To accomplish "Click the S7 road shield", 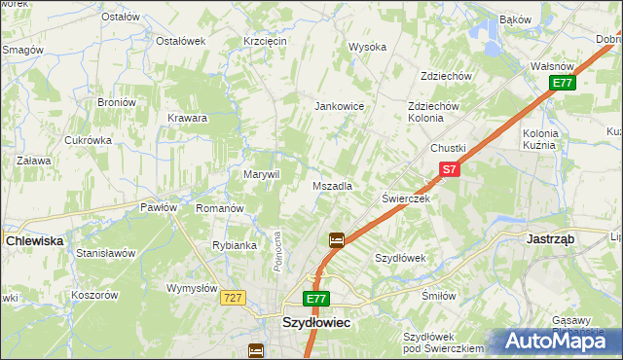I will pyautogui.click(x=447, y=169).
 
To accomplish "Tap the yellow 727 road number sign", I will pyautogui.click(x=231, y=298).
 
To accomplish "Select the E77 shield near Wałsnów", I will pyautogui.click(x=563, y=84).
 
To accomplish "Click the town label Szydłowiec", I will pyautogui.click(x=316, y=321).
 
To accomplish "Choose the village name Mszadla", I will pyautogui.click(x=332, y=185).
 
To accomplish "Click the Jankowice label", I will pyautogui.click(x=339, y=106).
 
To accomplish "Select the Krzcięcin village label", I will pyautogui.click(x=265, y=41).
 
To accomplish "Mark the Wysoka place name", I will pyautogui.click(x=368, y=47).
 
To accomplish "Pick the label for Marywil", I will pyautogui.click(x=261, y=174).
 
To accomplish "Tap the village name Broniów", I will pyautogui.click(x=116, y=102).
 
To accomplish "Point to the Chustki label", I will pyautogui.click(x=449, y=148).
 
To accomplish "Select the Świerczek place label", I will pyautogui.click(x=406, y=198).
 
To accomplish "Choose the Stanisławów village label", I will pyautogui.click(x=105, y=253).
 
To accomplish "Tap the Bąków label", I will pyautogui.click(x=515, y=19).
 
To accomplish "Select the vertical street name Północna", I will pyautogui.click(x=278, y=251).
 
